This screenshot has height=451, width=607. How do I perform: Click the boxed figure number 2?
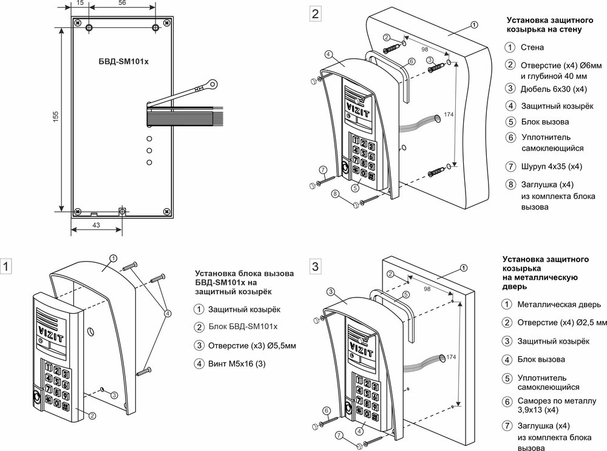[314, 14]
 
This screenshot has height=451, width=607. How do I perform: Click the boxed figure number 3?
[314, 266]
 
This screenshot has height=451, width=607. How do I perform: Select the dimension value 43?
[96, 225]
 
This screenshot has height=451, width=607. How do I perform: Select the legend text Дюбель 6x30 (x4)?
[554, 89]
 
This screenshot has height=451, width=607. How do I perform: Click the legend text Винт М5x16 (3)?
[237, 364]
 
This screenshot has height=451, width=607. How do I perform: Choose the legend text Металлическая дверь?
[558, 304]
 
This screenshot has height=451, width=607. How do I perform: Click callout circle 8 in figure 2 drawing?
[335, 194]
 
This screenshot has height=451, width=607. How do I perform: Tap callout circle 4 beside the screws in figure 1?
[168, 313]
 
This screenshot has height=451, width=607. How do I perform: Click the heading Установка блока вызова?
[244, 273]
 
